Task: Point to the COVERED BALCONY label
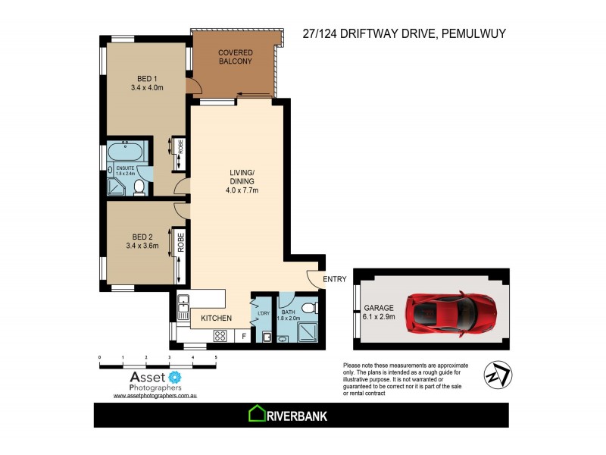click(x=235, y=57)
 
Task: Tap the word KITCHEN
click(x=216, y=318)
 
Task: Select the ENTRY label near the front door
click(x=334, y=280)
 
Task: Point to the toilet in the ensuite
click(x=139, y=187)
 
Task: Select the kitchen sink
click(x=182, y=308)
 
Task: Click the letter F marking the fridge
click(x=244, y=335)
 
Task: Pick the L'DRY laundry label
click(x=264, y=314)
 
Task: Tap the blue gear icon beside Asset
click(x=176, y=377)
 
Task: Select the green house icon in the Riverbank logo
click(x=256, y=415)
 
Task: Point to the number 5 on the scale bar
click(x=216, y=356)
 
